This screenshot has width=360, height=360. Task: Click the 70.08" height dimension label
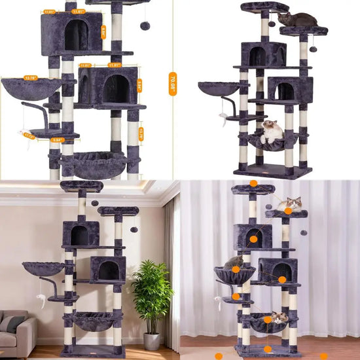[173, 84]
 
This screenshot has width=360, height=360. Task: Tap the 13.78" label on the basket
[31, 78]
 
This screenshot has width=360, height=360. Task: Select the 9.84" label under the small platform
[58, 139]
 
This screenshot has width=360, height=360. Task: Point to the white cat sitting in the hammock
[271, 132]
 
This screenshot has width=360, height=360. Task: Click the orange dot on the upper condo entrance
[253, 239]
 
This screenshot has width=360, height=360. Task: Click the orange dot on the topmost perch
[253, 183]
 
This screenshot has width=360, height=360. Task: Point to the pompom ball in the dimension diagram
[145, 25]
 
